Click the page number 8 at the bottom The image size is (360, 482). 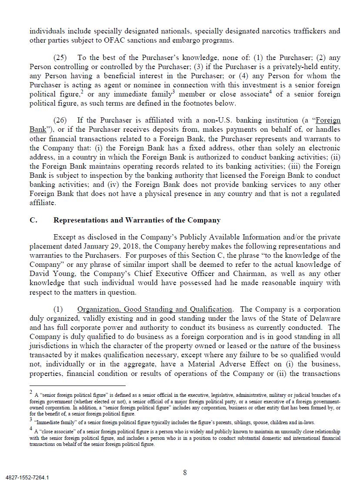pos(185,472)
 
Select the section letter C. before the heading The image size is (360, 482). pos(33,220)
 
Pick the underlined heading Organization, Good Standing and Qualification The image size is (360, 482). pos(154,309)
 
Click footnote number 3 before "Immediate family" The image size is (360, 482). pos(31,420)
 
